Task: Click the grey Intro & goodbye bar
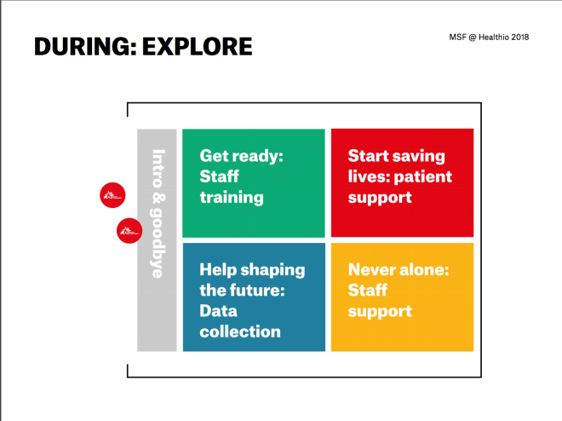[157, 239]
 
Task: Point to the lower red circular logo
[128, 229]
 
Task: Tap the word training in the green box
[232, 198]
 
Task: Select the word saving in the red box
[416, 156]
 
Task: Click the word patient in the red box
[421, 176]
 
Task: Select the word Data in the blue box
[218, 310]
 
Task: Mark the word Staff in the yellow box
[367, 290]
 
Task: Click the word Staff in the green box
[220, 176]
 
